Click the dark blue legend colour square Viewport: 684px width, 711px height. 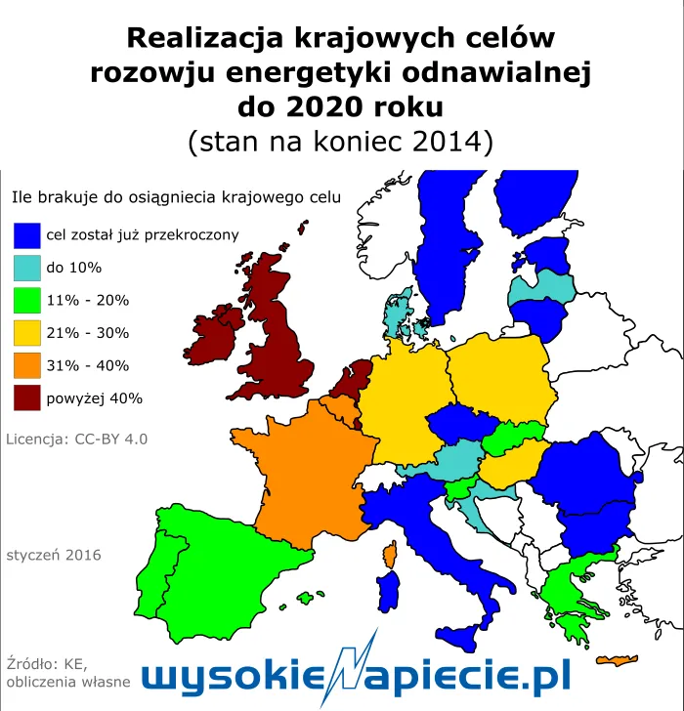point(27,235)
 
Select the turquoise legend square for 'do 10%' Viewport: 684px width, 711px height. point(27,268)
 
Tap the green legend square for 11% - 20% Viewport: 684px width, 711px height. point(27,301)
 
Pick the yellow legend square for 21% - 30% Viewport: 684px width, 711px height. point(27,333)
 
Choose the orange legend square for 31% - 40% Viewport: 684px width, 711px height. point(27,366)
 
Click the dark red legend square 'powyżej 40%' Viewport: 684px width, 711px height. point(27,398)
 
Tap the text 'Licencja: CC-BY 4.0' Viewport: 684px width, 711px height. point(76,439)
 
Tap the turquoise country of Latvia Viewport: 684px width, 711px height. point(540,286)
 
